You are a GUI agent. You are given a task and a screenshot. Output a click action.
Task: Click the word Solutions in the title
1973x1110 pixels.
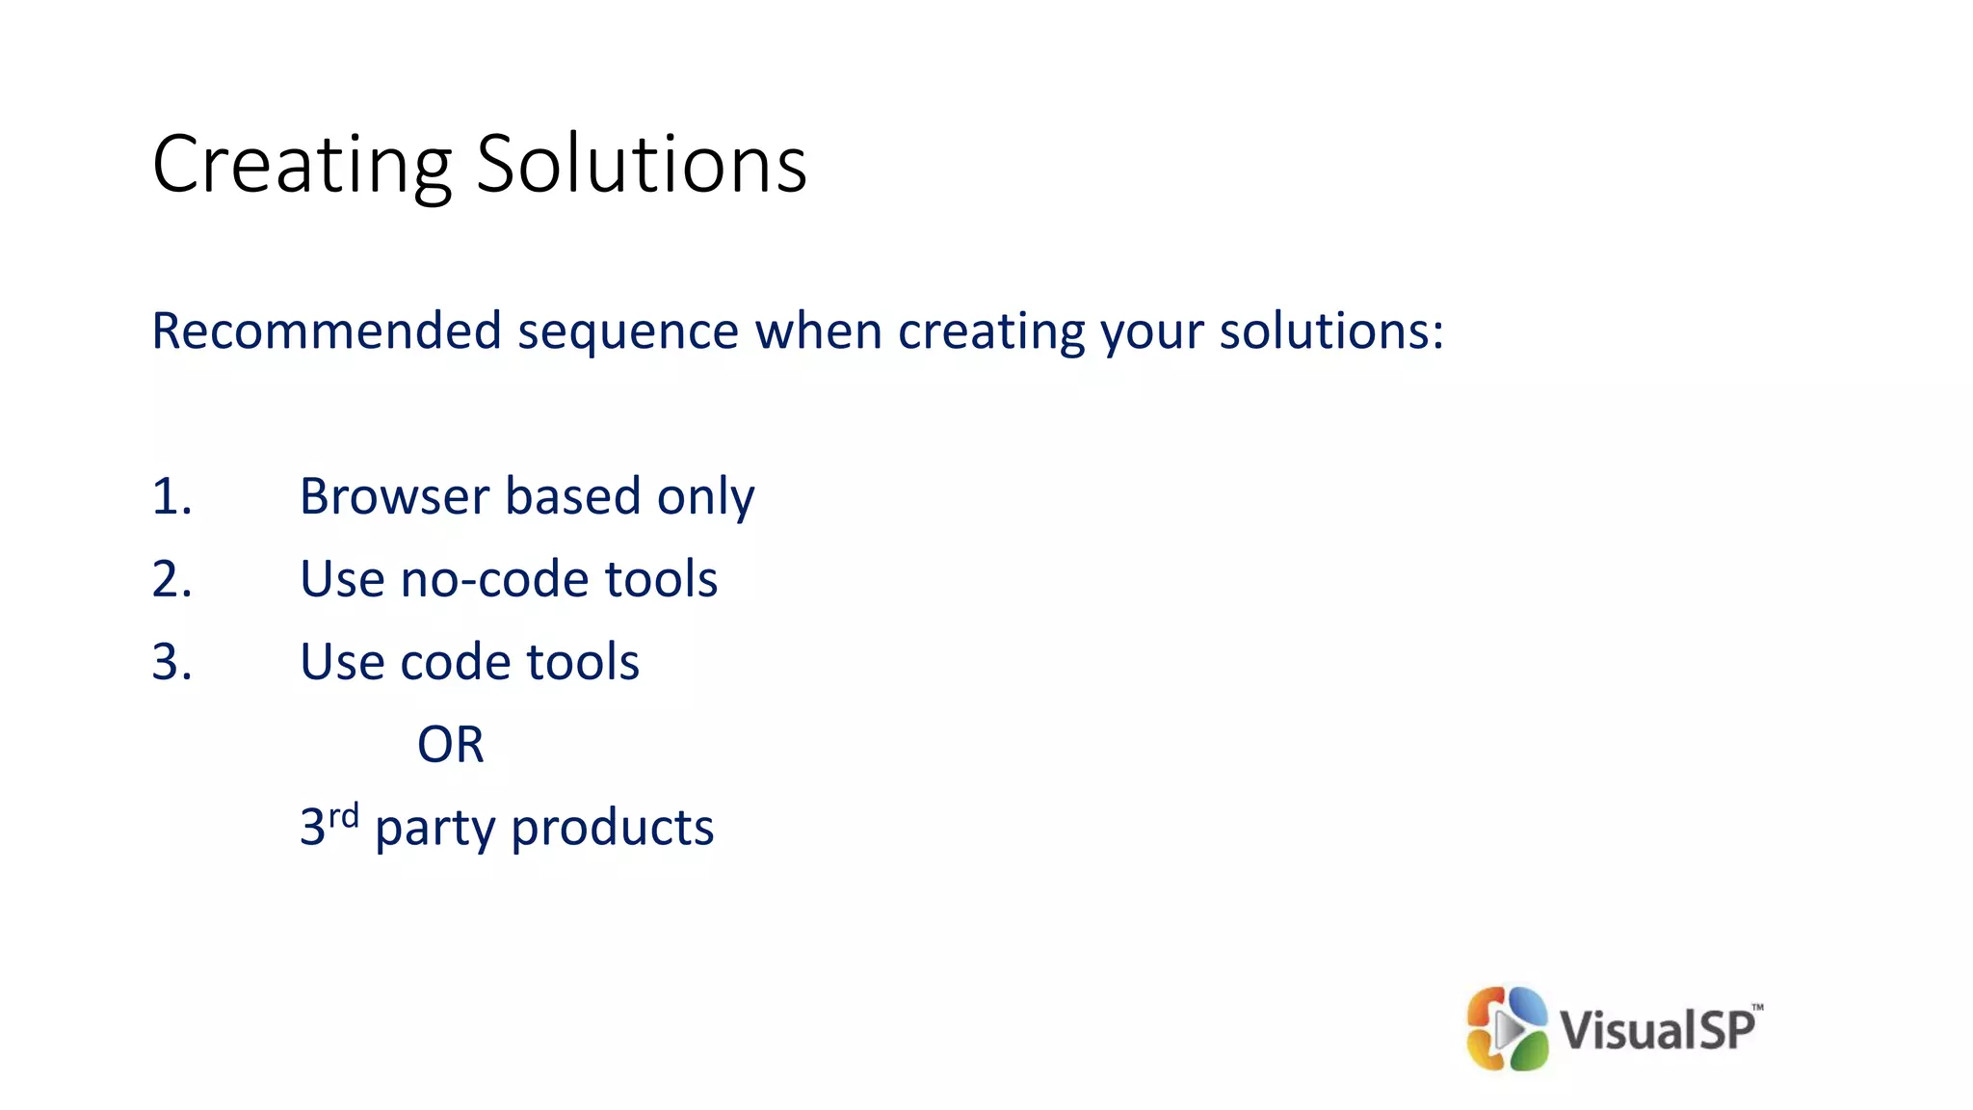point(641,164)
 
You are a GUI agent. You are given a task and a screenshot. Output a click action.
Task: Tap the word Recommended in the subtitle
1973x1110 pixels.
point(327,331)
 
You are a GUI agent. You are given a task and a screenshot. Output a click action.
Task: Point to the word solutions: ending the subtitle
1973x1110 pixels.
point(1330,331)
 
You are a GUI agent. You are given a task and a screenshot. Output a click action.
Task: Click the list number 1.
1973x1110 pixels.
point(171,497)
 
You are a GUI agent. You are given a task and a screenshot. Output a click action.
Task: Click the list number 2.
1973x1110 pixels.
point(171,580)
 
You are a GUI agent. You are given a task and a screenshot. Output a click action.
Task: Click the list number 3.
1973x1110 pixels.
point(171,663)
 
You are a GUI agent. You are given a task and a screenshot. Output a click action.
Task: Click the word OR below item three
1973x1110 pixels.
point(450,745)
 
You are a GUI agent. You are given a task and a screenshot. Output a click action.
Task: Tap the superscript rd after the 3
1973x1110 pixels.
point(344,816)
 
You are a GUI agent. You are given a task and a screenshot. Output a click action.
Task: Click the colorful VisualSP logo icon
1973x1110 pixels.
point(1506,1028)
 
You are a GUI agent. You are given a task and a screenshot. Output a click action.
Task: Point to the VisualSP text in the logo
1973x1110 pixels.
point(1656,1029)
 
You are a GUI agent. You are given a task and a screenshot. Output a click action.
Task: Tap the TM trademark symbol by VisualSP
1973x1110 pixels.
point(1757,1008)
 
